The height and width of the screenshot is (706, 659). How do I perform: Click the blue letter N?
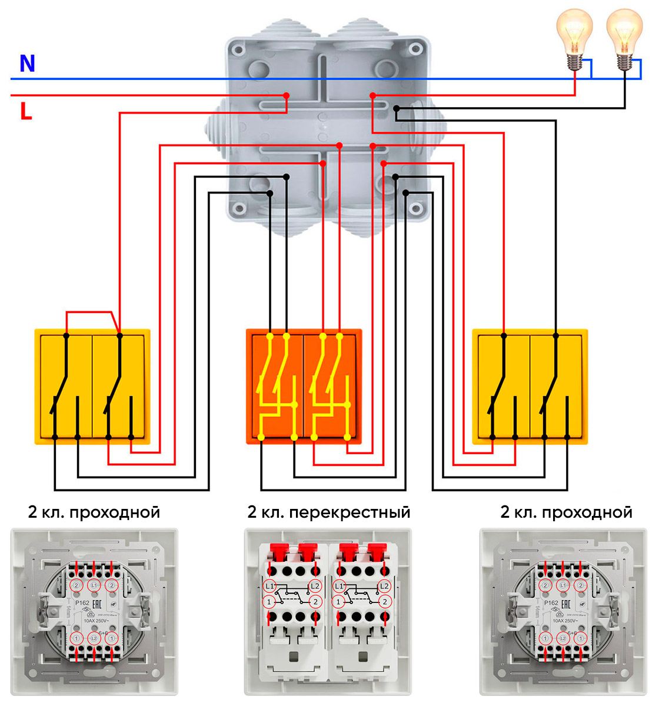pos(27,63)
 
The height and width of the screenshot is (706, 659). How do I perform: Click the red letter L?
pos(26,111)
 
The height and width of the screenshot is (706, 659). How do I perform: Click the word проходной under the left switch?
pos(115,512)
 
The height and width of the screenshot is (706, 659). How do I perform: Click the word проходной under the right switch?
pos(587,512)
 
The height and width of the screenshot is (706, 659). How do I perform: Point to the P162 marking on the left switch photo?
pos(82,603)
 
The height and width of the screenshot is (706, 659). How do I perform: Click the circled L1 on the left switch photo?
pos(94,585)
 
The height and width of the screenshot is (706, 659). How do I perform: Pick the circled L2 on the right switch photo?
pos(563,638)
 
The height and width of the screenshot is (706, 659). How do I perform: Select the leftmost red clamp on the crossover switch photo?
pos(278,552)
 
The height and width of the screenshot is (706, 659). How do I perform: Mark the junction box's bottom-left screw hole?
pos(238,208)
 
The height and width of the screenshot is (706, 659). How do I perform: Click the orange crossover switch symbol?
pos(304,386)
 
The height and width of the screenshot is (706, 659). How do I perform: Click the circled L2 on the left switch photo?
pos(94,638)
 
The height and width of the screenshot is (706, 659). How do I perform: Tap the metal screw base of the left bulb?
pos(574,61)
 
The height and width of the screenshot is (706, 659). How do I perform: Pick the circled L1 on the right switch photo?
pos(563,585)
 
